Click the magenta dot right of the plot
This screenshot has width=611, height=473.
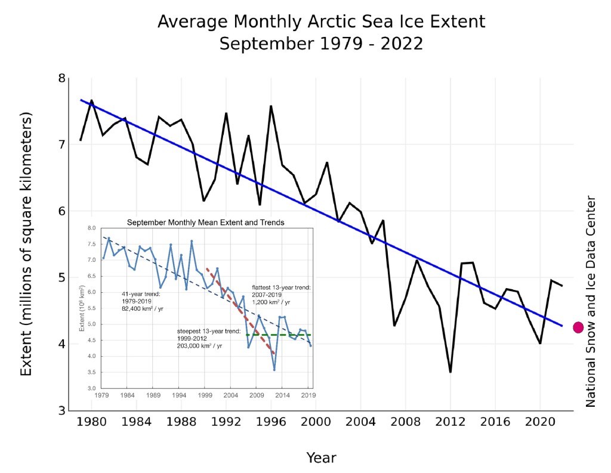pyautogui.click(x=578, y=327)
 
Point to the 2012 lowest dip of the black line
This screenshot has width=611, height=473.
pyautogui.click(x=450, y=372)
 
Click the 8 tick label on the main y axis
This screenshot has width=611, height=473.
pyautogui.click(x=61, y=78)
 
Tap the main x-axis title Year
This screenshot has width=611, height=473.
pyautogui.click(x=321, y=458)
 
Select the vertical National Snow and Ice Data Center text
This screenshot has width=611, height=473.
pyautogui.click(x=591, y=302)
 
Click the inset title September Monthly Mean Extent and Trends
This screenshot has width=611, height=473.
pyautogui.click(x=206, y=222)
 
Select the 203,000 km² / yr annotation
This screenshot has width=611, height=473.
pyautogui.click(x=200, y=346)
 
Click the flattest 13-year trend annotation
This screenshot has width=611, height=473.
pyautogui.click(x=281, y=287)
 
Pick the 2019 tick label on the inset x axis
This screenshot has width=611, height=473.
pyautogui.click(x=308, y=395)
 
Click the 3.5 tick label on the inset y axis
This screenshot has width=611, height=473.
pyautogui.click(x=91, y=373)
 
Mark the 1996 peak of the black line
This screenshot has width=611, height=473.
pyautogui.click(x=271, y=106)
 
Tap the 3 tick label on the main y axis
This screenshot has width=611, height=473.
pyautogui.click(x=61, y=411)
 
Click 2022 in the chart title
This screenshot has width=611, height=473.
pyautogui.click(x=403, y=44)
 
